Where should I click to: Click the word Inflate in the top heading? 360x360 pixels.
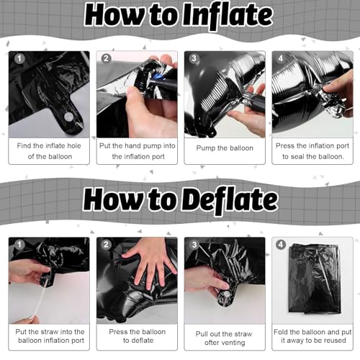point(228,16)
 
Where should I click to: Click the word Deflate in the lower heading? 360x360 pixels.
point(229,200)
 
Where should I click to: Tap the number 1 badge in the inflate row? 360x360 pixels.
point(19,58)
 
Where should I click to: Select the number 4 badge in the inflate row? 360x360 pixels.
point(281,58)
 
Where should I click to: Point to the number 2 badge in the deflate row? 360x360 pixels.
point(106,244)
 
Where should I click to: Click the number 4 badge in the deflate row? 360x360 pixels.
point(281,244)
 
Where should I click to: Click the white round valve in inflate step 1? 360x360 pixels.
point(68,117)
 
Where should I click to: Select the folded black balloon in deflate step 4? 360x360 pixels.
point(315,279)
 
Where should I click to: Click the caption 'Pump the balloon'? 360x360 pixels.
point(225,148)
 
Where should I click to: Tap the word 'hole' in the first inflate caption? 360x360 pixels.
point(74,145)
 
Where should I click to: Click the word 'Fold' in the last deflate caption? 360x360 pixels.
point(281,332)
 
